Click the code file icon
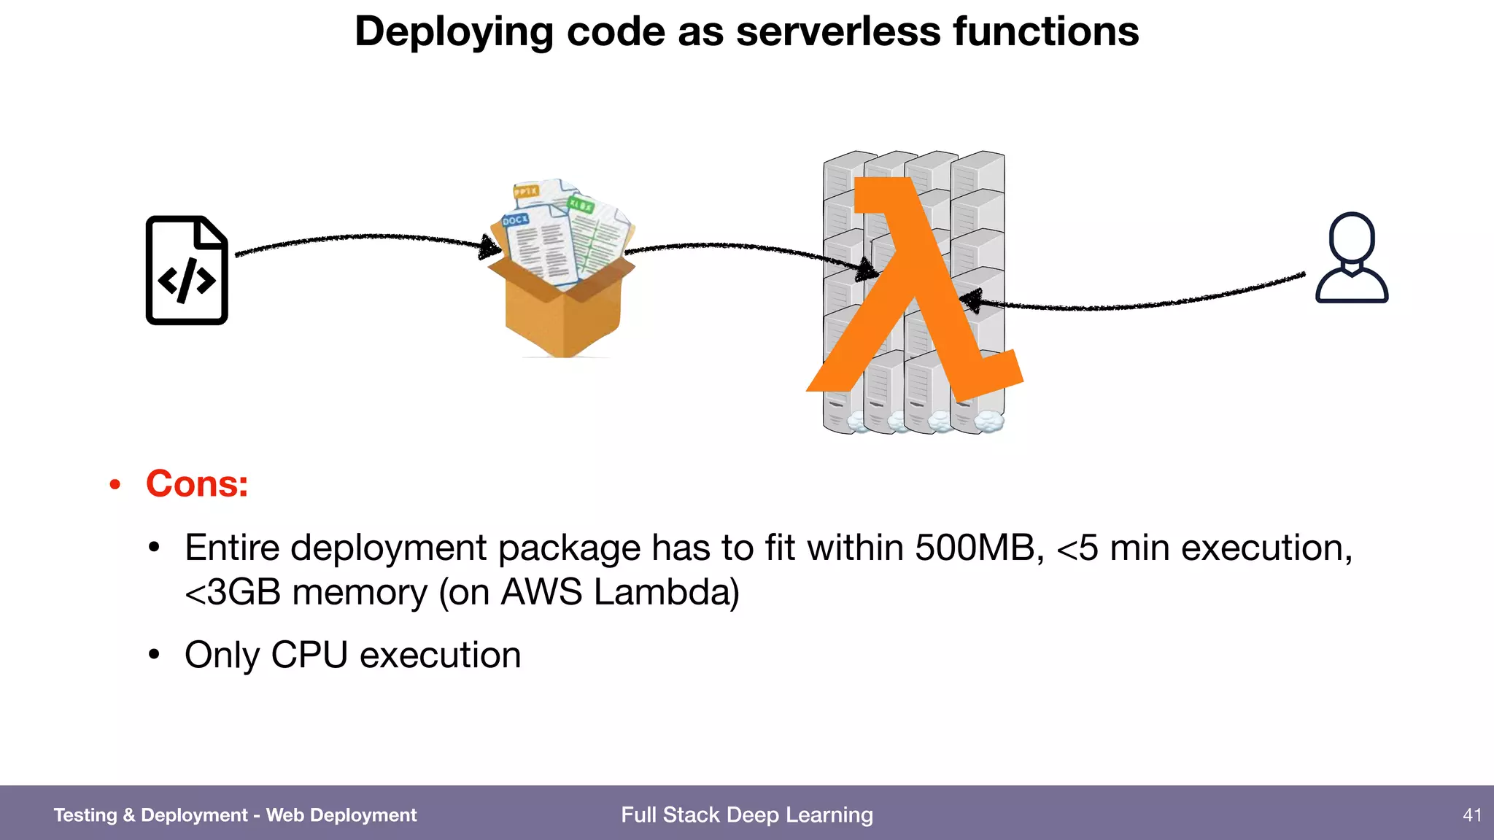click(x=187, y=270)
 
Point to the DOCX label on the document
click(x=515, y=219)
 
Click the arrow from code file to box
click(x=365, y=237)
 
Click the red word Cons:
click(x=197, y=483)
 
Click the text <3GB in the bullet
click(x=233, y=592)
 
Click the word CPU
click(x=309, y=655)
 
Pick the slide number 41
click(x=1472, y=814)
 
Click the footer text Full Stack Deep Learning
click(x=747, y=814)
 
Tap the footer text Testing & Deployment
click(x=150, y=814)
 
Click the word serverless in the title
click(x=838, y=32)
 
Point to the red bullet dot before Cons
click(x=115, y=485)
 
